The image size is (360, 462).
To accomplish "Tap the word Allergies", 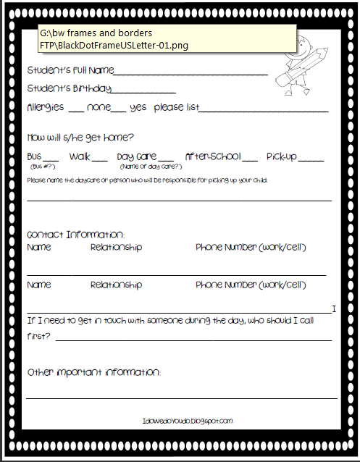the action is pos(45,107).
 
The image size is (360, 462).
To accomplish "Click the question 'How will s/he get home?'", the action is pos(80,137).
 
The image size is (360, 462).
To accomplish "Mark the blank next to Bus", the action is pos(51,159).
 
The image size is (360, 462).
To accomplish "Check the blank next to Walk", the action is pos(100,159).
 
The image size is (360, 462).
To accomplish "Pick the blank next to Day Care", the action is pos(167,159).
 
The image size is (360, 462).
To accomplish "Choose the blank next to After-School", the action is pos(250,159).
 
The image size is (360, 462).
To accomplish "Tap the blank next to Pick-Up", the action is pos(311,159).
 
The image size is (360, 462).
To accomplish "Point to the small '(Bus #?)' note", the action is pos(39,167).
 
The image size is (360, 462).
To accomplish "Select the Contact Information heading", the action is pos(76,235).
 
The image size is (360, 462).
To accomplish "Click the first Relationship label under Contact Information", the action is pos(116,248).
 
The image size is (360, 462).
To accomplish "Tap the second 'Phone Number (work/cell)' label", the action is pos(251,285).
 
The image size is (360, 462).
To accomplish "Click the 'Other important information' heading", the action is pos(94,372).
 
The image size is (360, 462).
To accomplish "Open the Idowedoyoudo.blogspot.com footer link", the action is pos(188,421).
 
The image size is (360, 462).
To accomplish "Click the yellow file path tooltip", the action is pos(167,38).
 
